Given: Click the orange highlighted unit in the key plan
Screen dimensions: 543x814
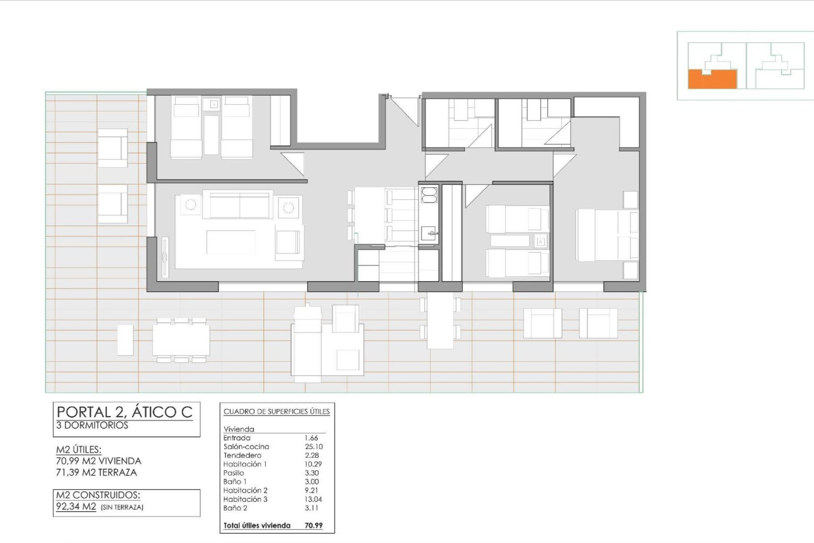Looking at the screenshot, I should (712, 80).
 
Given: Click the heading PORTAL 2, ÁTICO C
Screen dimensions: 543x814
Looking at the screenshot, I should (125, 412).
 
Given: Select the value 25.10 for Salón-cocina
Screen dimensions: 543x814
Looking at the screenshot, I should (313, 447).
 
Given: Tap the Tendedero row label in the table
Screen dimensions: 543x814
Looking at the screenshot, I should (242, 456).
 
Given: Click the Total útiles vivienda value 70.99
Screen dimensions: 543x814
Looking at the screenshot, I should (313, 526).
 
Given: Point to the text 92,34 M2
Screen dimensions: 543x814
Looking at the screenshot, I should (76, 507).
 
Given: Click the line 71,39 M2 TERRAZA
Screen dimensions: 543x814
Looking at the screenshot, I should (97, 473).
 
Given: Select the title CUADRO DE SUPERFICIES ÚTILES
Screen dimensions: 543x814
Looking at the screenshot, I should (276, 411).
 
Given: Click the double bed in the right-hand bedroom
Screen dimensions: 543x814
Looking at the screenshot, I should (607, 235).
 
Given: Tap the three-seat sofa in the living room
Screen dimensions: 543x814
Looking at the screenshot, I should (240, 204).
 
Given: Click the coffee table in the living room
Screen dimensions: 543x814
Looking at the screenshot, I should (231, 242).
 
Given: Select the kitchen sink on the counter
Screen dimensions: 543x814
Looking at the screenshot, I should (429, 233).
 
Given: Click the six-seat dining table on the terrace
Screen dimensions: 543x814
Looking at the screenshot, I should (181, 340).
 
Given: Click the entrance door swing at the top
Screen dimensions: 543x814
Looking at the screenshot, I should (403, 109).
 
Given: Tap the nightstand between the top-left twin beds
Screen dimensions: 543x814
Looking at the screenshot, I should (215, 104).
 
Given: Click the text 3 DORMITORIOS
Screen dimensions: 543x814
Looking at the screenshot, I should (92, 425).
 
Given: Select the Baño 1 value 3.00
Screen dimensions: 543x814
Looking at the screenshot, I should (312, 482).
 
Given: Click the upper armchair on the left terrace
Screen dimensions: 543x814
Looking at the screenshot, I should (112, 148).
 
